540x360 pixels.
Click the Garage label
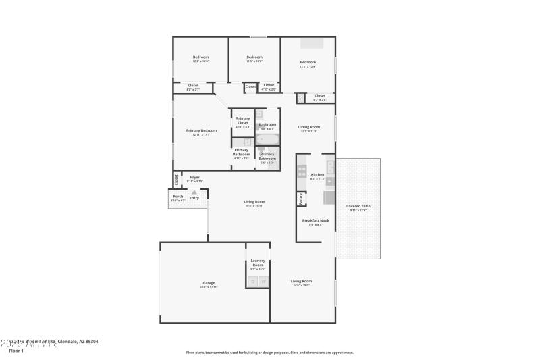pyautogui.click(x=209, y=284)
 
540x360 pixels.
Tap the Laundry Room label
pyautogui.click(x=257, y=263)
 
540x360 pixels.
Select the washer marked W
pyautogui.click(x=264, y=281)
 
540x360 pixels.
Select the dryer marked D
pyautogui.click(x=252, y=281)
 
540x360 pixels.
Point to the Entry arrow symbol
pyautogui.click(x=194, y=192)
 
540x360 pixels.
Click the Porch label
pyautogui.click(x=178, y=197)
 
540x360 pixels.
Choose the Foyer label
pyautogui.click(x=194, y=178)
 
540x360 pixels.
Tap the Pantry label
pyautogui.click(x=300, y=199)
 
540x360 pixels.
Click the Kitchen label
pyautogui.click(x=317, y=175)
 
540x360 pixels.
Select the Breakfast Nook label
pyautogui.click(x=315, y=221)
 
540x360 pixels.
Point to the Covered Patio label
pyautogui.click(x=358, y=206)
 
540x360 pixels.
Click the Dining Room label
pyautogui.click(x=309, y=127)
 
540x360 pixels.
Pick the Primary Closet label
pyautogui.click(x=243, y=120)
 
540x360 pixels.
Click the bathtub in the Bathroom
pyautogui.click(x=267, y=140)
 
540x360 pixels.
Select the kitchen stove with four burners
pyautogui.click(x=302, y=172)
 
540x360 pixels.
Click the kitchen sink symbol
pyautogui.click(x=330, y=167)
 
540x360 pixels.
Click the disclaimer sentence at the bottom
pyautogui.click(x=269, y=352)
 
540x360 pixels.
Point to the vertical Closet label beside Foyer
pyautogui.click(x=177, y=180)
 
